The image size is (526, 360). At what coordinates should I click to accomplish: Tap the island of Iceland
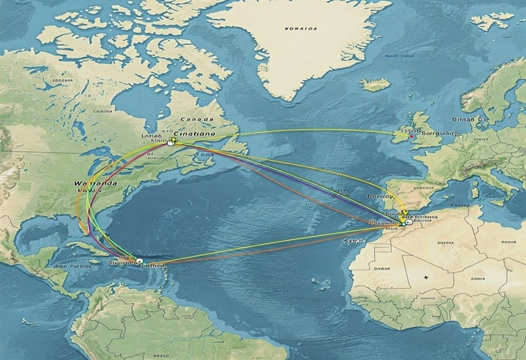tap(373, 83)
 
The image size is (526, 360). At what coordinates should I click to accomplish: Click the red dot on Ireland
tap(412, 136)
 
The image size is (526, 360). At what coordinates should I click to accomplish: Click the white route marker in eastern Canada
tap(172, 142)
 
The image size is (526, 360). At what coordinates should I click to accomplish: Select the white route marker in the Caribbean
tap(139, 260)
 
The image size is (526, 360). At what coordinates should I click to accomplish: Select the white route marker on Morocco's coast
tap(407, 223)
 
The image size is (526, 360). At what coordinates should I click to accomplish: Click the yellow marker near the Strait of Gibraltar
tap(404, 213)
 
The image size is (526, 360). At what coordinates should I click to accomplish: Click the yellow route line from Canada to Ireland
tap(304, 130)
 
